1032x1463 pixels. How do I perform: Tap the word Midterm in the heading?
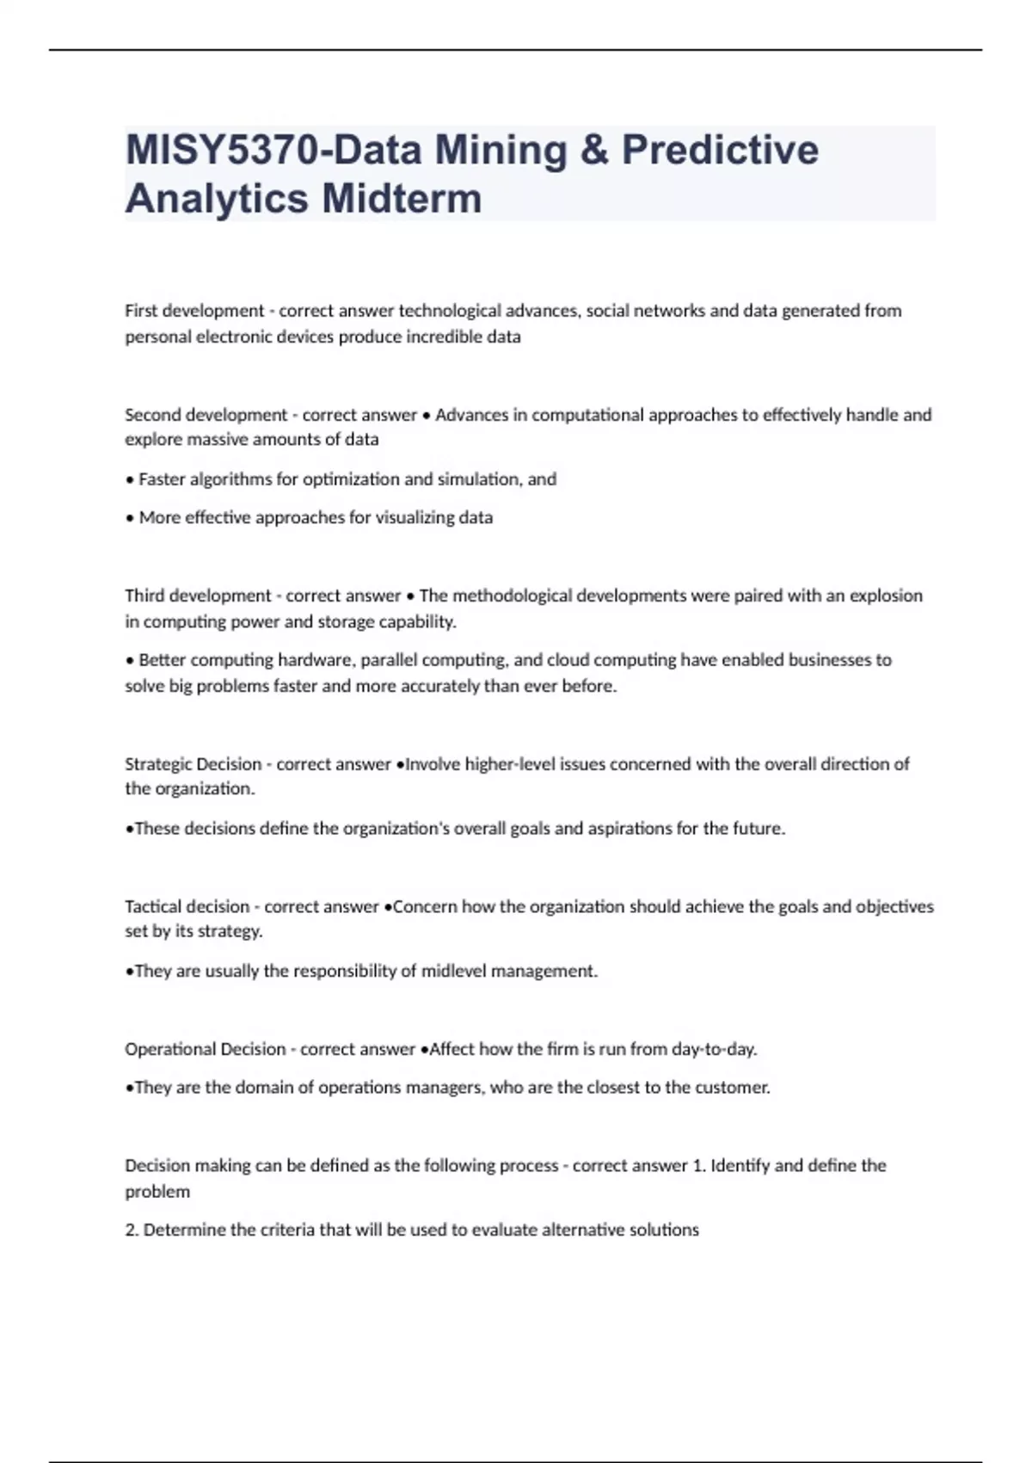(402, 199)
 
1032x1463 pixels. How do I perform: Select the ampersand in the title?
(593, 151)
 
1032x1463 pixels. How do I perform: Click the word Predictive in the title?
(720, 151)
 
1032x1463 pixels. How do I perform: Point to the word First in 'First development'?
(141, 311)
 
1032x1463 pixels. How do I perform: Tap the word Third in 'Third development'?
(144, 596)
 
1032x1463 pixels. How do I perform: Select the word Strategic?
(157, 764)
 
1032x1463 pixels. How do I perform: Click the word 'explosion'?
(886, 596)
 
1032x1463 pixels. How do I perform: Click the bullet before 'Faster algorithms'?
(130, 479)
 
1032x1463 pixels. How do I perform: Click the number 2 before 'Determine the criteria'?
(131, 1230)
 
